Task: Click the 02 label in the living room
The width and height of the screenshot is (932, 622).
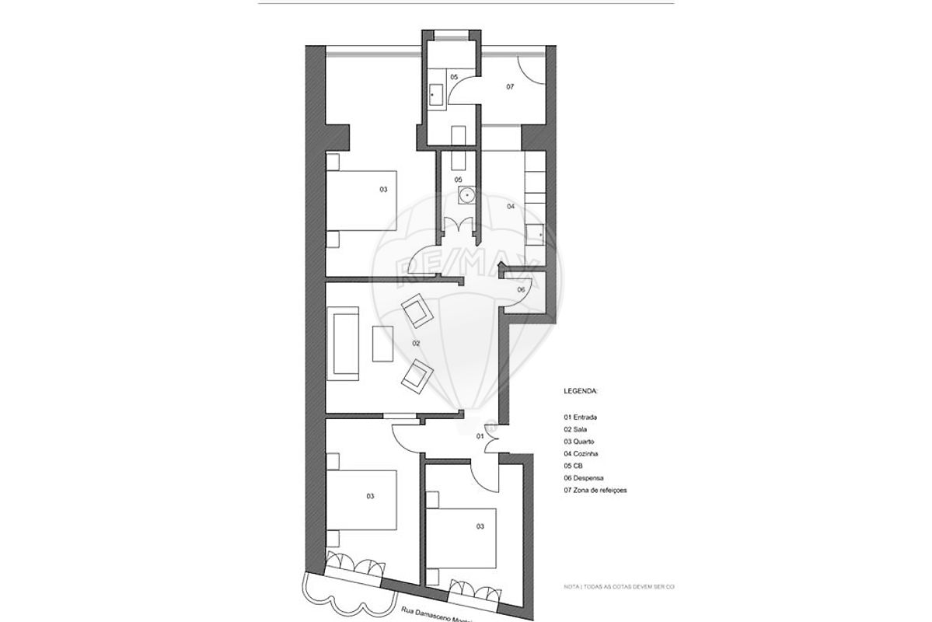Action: click(x=416, y=343)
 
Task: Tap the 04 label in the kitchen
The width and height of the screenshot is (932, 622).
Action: click(x=511, y=207)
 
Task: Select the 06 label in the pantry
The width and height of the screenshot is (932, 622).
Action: click(x=521, y=289)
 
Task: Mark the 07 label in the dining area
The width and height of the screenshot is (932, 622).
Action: click(x=511, y=87)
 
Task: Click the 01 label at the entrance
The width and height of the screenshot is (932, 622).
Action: click(x=480, y=437)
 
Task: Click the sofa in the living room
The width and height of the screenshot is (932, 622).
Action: click(x=343, y=343)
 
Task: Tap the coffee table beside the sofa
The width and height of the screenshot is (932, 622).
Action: click(x=383, y=344)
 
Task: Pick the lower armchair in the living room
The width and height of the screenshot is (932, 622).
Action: click(x=417, y=376)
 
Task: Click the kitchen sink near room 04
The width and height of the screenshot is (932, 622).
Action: click(x=536, y=232)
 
